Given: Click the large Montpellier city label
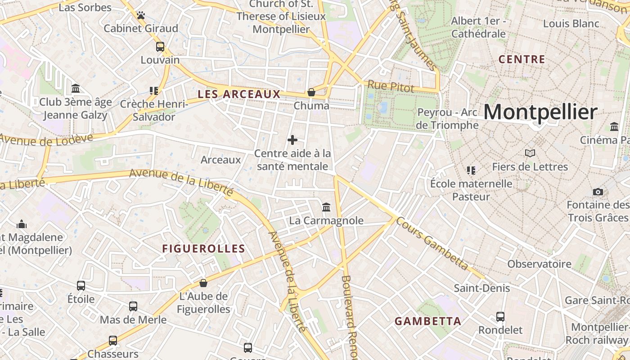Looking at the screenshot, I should click(540, 112).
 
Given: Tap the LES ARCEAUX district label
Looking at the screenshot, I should click(239, 94).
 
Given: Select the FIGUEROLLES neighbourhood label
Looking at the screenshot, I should click(203, 249).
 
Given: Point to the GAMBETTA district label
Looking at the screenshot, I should click(428, 321).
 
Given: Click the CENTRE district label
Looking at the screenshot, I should click(522, 59).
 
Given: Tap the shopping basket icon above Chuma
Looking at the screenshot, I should click(311, 92).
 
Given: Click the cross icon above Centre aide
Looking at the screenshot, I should click(292, 140).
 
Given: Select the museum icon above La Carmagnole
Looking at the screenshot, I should click(326, 207).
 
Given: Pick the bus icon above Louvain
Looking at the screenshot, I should click(160, 47).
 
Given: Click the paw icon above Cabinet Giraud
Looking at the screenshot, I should click(141, 15).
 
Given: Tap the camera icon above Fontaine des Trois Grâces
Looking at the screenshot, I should click(598, 192).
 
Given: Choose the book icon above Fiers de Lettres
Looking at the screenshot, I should click(530, 153).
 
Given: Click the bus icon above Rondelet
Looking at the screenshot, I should click(500, 317).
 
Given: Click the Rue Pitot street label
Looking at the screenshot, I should click(390, 86).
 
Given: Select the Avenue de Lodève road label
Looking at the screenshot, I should click(46, 139).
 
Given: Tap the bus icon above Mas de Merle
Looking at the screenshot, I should click(133, 306).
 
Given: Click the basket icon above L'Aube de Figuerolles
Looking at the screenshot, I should click(203, 283).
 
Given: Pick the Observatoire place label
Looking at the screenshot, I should click(539, 264).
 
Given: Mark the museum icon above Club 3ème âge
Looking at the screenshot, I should click(76, 89).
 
